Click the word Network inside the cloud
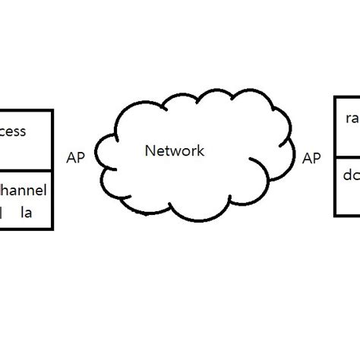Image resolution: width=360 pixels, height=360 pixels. [174, 151]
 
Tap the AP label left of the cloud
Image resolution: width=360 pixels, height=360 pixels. [76, 158]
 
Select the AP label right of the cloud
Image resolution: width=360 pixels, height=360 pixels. [311, 158]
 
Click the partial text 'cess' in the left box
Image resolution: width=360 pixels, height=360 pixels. [13, 131]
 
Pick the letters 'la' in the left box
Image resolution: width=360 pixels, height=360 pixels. [26, 213]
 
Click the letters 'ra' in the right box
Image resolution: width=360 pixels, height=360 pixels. [352, 118]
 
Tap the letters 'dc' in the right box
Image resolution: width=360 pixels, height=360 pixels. [352, 175]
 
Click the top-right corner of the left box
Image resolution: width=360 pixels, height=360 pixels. [52, 110]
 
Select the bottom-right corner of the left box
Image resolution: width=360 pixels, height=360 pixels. [52, 229]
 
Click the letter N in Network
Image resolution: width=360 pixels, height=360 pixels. [149, 151]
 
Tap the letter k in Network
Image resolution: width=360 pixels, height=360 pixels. [201, 151]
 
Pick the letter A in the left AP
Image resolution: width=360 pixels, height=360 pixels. [71, 158]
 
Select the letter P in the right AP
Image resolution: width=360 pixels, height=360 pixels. [316, 158]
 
